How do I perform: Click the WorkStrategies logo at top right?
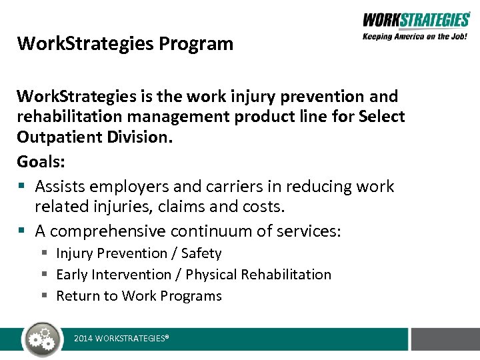coord(415,20)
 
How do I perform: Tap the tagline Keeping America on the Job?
coord(415,37)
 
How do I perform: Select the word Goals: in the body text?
coord(41,163)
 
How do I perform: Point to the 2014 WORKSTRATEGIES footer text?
coord(121,339)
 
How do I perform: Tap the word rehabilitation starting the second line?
coord(74,117)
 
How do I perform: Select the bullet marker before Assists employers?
coord(22,187)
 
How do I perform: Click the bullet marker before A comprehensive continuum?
coord(22,231)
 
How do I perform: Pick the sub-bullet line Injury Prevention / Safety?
coord(139,253)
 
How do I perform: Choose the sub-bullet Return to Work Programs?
coord(139,296)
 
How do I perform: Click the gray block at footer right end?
coord(445,339)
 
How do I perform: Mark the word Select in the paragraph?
coord(381,117)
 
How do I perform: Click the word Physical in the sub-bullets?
coord(211,275)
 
